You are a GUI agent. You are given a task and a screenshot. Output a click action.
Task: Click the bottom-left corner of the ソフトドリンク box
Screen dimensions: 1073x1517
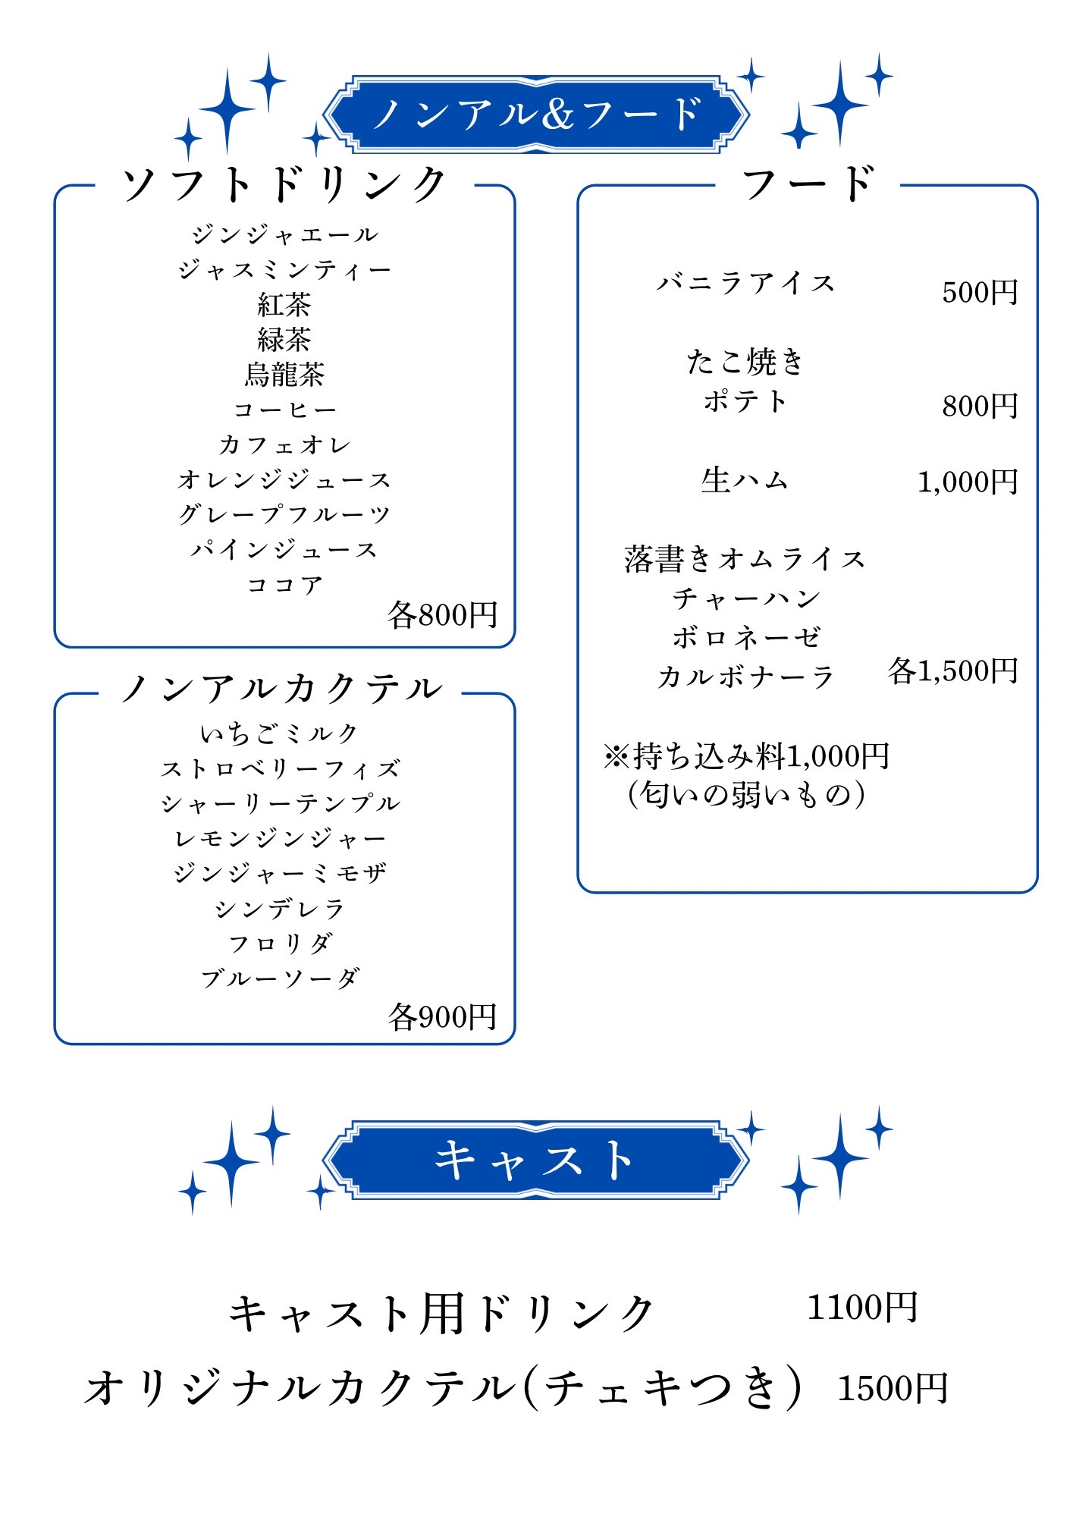[55, 647]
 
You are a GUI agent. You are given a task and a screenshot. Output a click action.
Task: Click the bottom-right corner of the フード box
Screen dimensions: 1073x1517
[1037, 892]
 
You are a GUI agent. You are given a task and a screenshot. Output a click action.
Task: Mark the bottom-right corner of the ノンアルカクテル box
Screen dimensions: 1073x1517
[515, 1044]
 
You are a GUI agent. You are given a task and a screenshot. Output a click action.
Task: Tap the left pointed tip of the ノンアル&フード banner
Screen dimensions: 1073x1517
[323, 115]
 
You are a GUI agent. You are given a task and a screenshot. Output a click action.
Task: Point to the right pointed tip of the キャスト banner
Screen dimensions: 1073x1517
[750, 1160]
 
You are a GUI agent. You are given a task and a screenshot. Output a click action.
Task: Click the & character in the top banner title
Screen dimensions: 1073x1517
[558, 115]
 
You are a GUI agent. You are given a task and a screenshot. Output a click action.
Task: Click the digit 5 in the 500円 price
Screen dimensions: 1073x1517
[950, 292]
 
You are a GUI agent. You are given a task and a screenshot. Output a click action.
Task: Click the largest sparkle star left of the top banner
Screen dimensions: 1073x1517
[227, 111]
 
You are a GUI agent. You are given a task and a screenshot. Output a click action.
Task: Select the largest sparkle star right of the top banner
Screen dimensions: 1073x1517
[839, 103]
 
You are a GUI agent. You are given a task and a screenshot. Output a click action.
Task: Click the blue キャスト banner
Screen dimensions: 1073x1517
[536, 1160]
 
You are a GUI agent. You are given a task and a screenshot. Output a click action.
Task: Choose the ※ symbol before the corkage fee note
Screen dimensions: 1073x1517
[617, 756]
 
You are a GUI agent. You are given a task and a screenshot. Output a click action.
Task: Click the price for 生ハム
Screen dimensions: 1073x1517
[968, 482]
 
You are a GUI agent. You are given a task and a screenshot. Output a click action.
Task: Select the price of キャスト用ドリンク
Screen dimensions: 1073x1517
[862, 1307]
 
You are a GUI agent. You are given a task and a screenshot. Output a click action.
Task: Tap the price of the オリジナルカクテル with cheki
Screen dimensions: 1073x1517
[893, 1389]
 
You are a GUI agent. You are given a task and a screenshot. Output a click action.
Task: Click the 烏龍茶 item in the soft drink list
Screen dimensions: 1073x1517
[284, 374]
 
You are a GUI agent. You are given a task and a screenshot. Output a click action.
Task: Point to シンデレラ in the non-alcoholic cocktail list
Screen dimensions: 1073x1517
[280, 909]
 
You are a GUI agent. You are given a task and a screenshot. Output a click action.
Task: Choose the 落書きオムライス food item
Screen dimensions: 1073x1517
[745, 559]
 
